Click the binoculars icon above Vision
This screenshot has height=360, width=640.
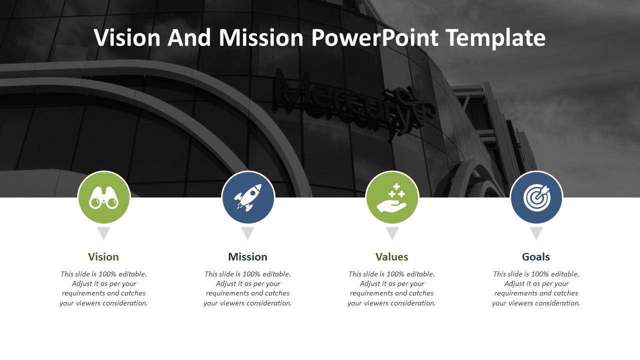pos(103,197)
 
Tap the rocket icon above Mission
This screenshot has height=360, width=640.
pos(247,197)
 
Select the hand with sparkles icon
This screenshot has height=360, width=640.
pos(391,198)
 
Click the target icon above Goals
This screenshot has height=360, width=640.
pos(537,197)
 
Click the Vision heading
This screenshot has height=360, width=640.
pos(103,257)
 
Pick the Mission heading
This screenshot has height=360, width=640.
pos(247,257)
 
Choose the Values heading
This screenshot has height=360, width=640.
pos(391,257)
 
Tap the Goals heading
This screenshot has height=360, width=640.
pos(535,257)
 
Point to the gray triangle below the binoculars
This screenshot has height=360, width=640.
pos(103,232)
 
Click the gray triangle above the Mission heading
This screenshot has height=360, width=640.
pos(247,232)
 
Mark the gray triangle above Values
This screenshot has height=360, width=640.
pos(392,232)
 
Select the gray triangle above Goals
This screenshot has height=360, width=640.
pos(536,232)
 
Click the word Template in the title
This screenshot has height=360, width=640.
pos(495,38)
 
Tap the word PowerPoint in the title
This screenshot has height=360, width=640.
pos(375,37)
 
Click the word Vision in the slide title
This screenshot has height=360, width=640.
pos(127,37)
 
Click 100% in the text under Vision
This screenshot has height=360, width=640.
pos(107,274)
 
